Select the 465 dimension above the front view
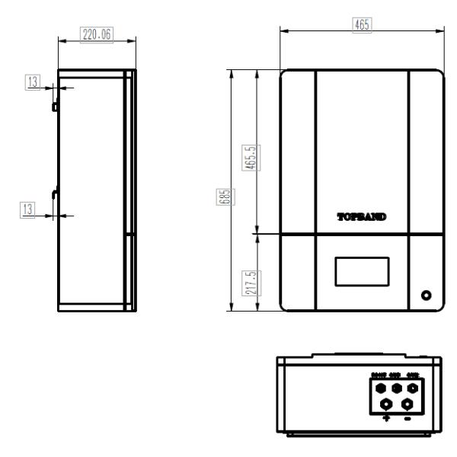(362, 24)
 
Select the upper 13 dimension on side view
(32, 82)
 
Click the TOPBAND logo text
(362, 216)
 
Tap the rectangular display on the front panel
(361, 272)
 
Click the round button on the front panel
(426, 296)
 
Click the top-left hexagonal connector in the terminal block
(380, 388)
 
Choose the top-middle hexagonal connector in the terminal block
(396, 388)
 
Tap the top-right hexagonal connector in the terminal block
(413, 388)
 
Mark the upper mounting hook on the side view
(55, 107)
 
